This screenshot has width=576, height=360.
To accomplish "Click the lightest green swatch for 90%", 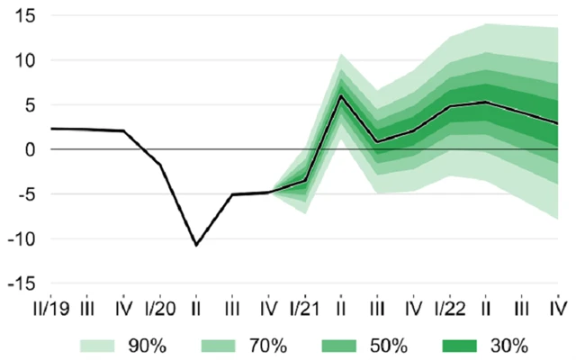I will (100, 345).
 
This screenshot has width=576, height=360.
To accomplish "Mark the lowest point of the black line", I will (196, 245).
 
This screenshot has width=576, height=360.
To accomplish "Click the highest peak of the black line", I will (341, 95).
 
